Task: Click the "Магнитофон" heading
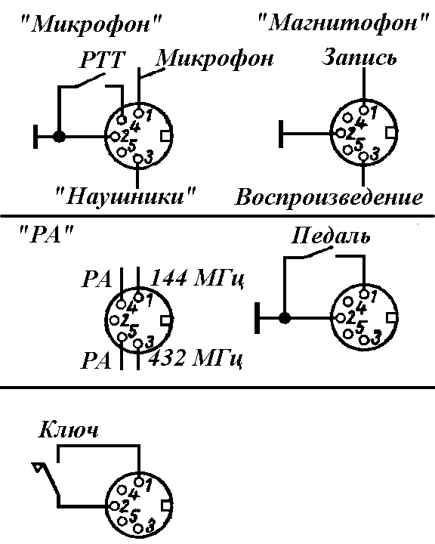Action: tap(344, 23)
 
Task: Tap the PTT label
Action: tap(102, 59)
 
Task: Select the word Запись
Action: tap(359, 57)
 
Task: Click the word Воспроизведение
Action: tap(329, 198)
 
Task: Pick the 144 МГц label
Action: tap(197, 277)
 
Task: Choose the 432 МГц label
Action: tap(195, 358)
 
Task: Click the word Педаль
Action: tap(330, 236)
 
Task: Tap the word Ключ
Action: tap(68, 430)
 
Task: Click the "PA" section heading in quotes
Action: tap(46, 235)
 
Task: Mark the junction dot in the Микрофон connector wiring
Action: tap(60, 136)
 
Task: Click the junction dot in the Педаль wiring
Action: tap(285, 318)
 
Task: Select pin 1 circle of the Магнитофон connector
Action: tap(364, 110)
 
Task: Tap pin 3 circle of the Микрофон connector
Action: tap(138, 159)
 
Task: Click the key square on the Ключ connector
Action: tap(166, 506)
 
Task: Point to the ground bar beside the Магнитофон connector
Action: tap(281, 134)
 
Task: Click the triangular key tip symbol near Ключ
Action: tap(38, 468)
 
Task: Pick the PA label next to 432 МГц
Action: tap(96, 360)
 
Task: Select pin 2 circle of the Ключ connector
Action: tap(114, 506)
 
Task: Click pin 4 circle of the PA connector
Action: tap(121, 304)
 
